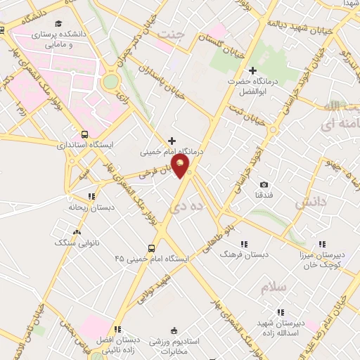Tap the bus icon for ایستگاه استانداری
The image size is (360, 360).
85,134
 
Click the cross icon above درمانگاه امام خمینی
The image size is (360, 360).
172,141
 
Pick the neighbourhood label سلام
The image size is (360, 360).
274,288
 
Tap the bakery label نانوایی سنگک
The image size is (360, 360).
76,242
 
